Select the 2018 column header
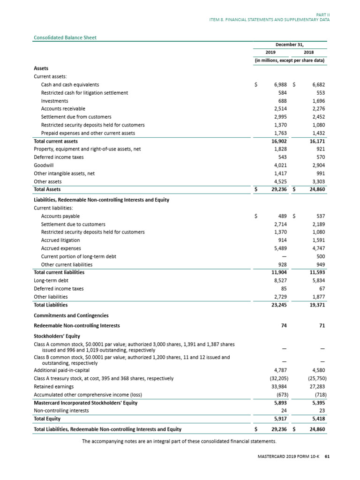[309, 52]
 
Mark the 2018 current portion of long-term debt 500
[320, 256]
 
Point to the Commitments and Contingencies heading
[71, 315]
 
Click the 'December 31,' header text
[290, 45]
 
